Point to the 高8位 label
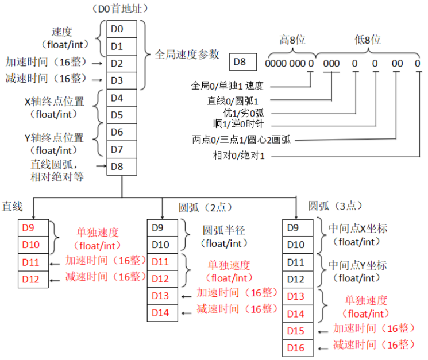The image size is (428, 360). [292, 40]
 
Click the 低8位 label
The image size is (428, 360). [368, 40]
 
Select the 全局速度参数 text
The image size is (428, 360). [187, 55]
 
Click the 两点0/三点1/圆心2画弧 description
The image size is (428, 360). [241, 139]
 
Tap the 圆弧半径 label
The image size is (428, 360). [224, 230]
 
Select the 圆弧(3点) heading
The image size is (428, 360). [333, 206]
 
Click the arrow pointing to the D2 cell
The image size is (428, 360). [98, 63]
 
